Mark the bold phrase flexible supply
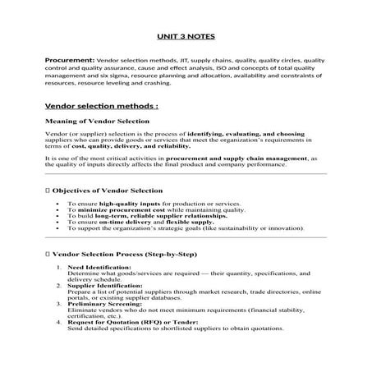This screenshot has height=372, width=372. coord(192,222)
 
